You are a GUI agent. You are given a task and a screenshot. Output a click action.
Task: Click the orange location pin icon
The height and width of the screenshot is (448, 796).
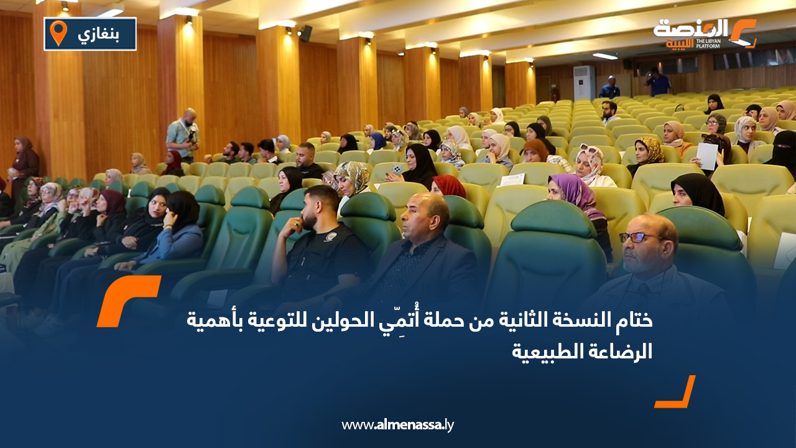58,33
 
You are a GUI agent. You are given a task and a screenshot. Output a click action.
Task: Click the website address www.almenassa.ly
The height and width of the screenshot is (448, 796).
398,426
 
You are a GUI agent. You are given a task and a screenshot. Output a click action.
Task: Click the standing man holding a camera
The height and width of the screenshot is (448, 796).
183,134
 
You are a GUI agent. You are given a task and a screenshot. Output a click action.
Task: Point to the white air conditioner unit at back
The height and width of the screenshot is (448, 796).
584,82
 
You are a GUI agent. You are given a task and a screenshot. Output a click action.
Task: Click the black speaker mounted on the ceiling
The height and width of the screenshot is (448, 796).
305,33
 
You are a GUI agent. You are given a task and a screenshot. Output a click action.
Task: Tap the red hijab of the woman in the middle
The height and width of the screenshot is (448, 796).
448,185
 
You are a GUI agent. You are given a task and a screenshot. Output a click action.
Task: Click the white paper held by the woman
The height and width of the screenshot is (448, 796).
707,155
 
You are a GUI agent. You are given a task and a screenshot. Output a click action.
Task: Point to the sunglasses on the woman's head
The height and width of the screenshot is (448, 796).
589,150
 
